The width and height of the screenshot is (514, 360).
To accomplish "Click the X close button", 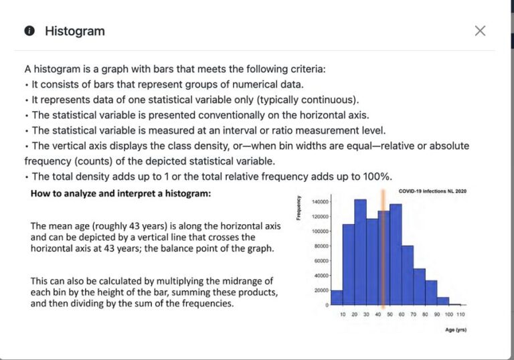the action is (x=480, y=31).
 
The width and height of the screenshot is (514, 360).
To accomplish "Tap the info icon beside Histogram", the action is (x=29, y=31).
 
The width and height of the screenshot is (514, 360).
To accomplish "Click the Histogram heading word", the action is (x=75, y=31).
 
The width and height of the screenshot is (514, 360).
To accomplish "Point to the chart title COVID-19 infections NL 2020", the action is (x=432, y=191).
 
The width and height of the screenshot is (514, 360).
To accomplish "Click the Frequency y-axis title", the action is (x=298, y=208).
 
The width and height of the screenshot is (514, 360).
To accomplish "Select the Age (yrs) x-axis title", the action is (x=456, y=329).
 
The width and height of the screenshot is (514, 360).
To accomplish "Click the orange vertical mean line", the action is (x=383, y=249).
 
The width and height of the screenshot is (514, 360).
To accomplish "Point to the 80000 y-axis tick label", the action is (x=321, y=246).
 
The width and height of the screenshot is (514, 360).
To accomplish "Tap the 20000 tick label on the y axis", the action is (x=321, y=290).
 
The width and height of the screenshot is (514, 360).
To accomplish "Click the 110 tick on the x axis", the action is (x=460, y=314).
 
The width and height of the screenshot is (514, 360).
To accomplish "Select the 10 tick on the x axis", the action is (x=343, y=314).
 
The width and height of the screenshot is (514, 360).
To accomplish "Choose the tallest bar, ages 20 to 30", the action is (x=360, y=252).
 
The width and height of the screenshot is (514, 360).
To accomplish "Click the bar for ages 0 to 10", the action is (x=337, y=297).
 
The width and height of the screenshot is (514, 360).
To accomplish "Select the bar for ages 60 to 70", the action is (x=408, y=276).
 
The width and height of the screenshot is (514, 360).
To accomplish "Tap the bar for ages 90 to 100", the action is (x=443, y=301).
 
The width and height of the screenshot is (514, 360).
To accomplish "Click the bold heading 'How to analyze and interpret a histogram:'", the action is (x=120, y=193).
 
